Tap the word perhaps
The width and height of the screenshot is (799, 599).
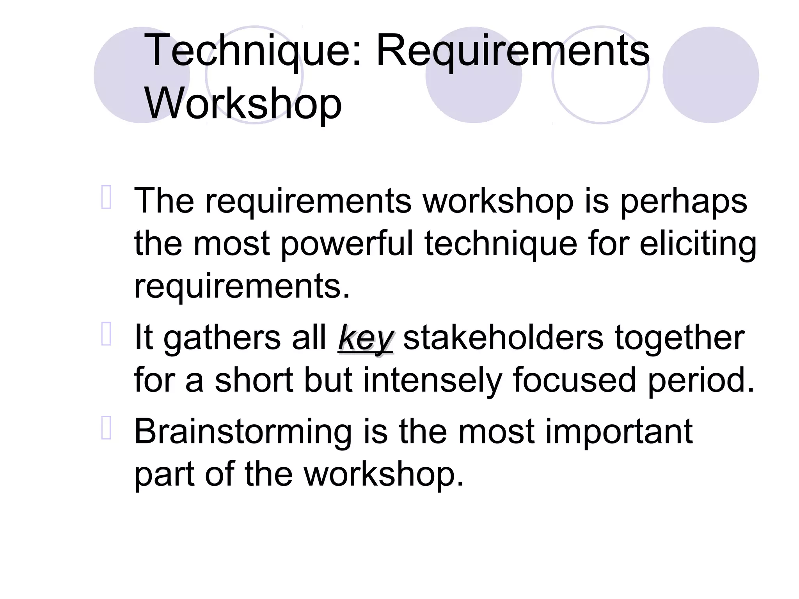tap(683, 201)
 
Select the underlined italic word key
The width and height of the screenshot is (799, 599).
tap(366, 338)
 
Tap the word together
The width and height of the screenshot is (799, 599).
tap(679, 338)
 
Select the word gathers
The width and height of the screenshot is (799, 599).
tap(222, 338)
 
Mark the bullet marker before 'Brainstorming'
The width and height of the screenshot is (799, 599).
tap(106, 428)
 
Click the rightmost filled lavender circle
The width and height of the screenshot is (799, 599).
tap(710, 75)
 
